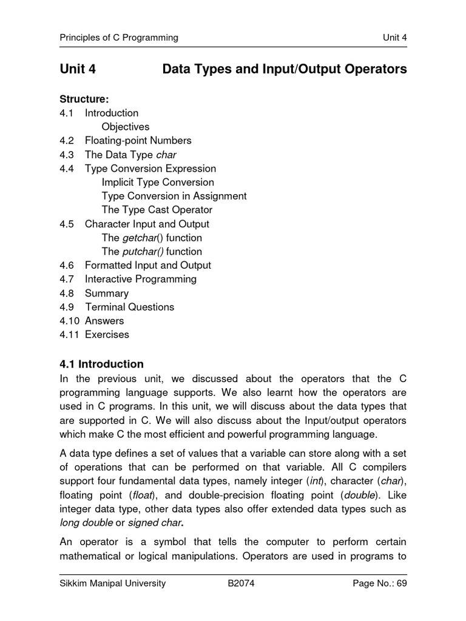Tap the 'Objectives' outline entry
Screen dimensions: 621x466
coord(126,127)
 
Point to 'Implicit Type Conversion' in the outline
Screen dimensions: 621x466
coord(158,182)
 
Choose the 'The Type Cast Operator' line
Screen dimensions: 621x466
coord(157,210)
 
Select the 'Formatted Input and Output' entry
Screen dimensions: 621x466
coord(148,265)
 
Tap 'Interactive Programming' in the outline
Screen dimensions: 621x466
coord(141,279)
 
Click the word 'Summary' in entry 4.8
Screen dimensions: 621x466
coord(107,293)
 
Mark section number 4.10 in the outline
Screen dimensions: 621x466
coord(69,321)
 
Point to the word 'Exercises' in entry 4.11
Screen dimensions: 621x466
coord(107,334)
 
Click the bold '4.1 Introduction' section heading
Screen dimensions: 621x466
coord(101,364)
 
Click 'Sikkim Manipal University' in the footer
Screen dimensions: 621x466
coord(112,584)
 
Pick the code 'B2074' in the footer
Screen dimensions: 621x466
coord(241,584)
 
